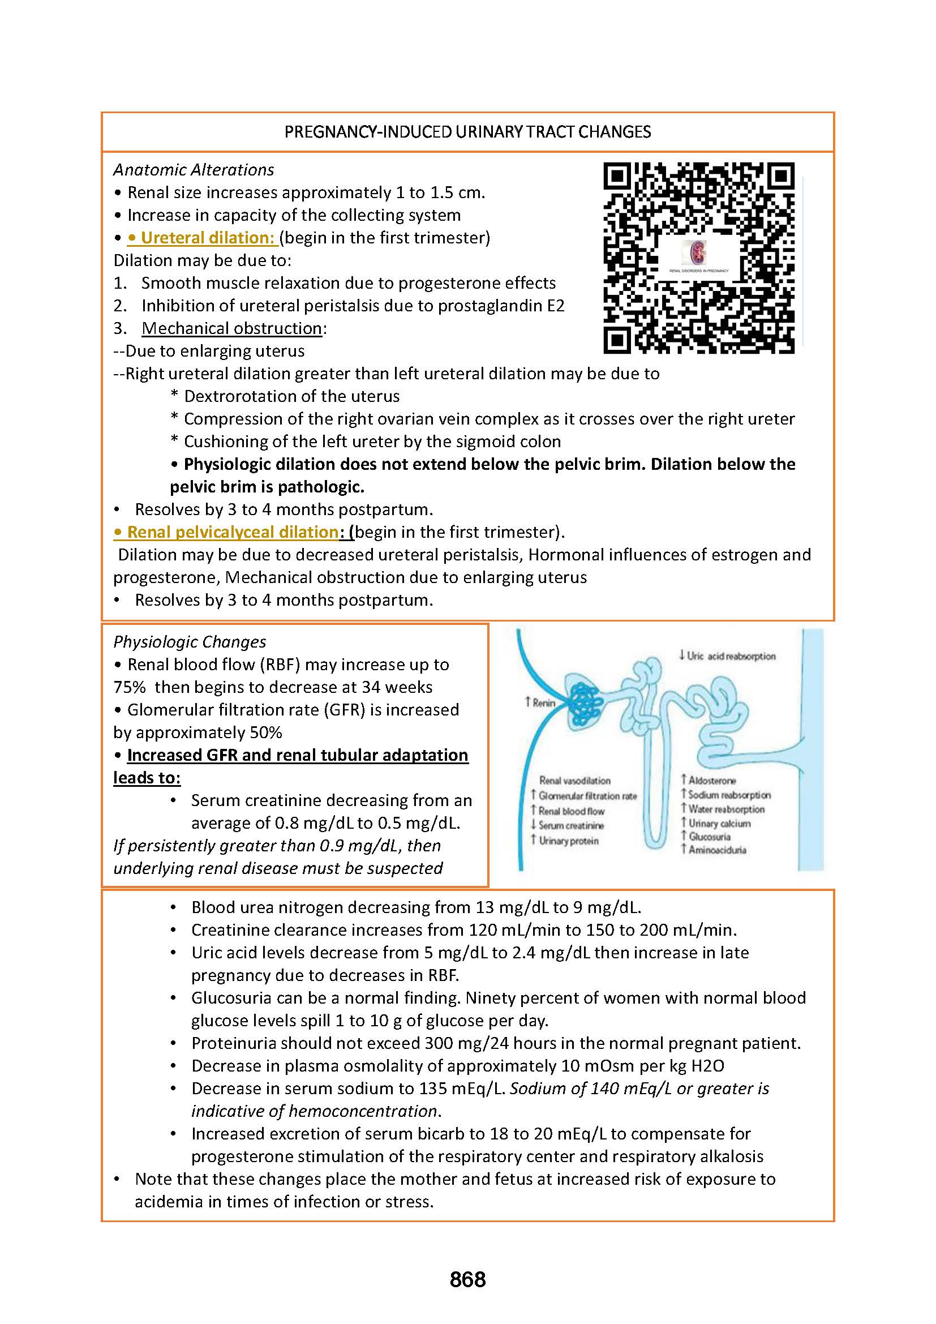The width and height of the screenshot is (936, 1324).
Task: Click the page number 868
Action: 467,1279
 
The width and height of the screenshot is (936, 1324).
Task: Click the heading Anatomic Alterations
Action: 194,170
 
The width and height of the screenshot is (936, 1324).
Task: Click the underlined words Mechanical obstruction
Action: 231,328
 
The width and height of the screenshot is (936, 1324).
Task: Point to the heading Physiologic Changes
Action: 190,642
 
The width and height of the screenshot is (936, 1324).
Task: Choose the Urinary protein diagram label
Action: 568,841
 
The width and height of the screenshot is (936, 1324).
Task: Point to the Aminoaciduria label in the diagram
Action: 717,850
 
